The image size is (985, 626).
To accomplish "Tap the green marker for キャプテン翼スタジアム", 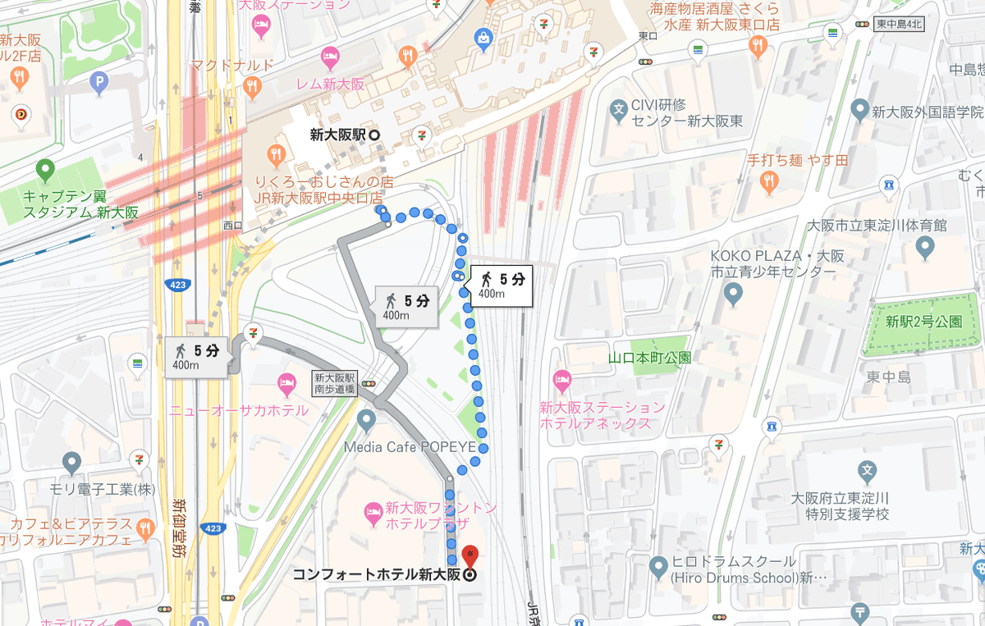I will pyautogui.click(x=45, y=171).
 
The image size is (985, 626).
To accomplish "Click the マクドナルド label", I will pyautogui.click(x=231, y=65).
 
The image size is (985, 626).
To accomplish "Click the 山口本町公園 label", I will pyautogui.click(x=649, y=358).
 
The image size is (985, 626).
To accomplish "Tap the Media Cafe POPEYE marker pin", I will pyautogui.click(x=366, y=421).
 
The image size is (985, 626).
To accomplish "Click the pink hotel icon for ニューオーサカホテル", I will pyautogui.click(x=286, y=382).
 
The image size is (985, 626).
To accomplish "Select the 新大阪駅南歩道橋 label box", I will pyautogui.click(x=334, y=383).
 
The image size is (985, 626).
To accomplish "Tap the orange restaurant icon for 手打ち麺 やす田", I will pyautogui.click(x=769, y=182).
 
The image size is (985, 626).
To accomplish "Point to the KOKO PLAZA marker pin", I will pyautogui.click(x=734, y=293).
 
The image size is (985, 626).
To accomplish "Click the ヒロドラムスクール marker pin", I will pyautogui.click(x=657, y=565).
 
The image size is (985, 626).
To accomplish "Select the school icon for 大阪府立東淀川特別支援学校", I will pyautogui.click(x=866, y=471).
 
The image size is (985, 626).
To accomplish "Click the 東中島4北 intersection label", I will pyautogui.click(x=898, y=25).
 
